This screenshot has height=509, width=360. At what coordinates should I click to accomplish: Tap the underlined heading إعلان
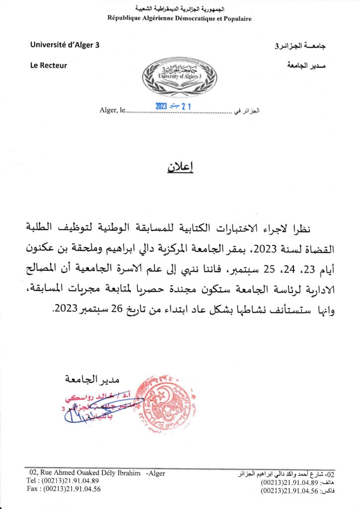pyautogui.click(x=180, y=167)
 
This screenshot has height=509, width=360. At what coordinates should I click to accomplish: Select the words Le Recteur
pyautogui.click(x=49, y=65)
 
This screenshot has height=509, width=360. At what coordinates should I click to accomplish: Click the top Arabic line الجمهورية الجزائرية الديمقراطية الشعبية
pyautogui.click(x=180, y=9)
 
